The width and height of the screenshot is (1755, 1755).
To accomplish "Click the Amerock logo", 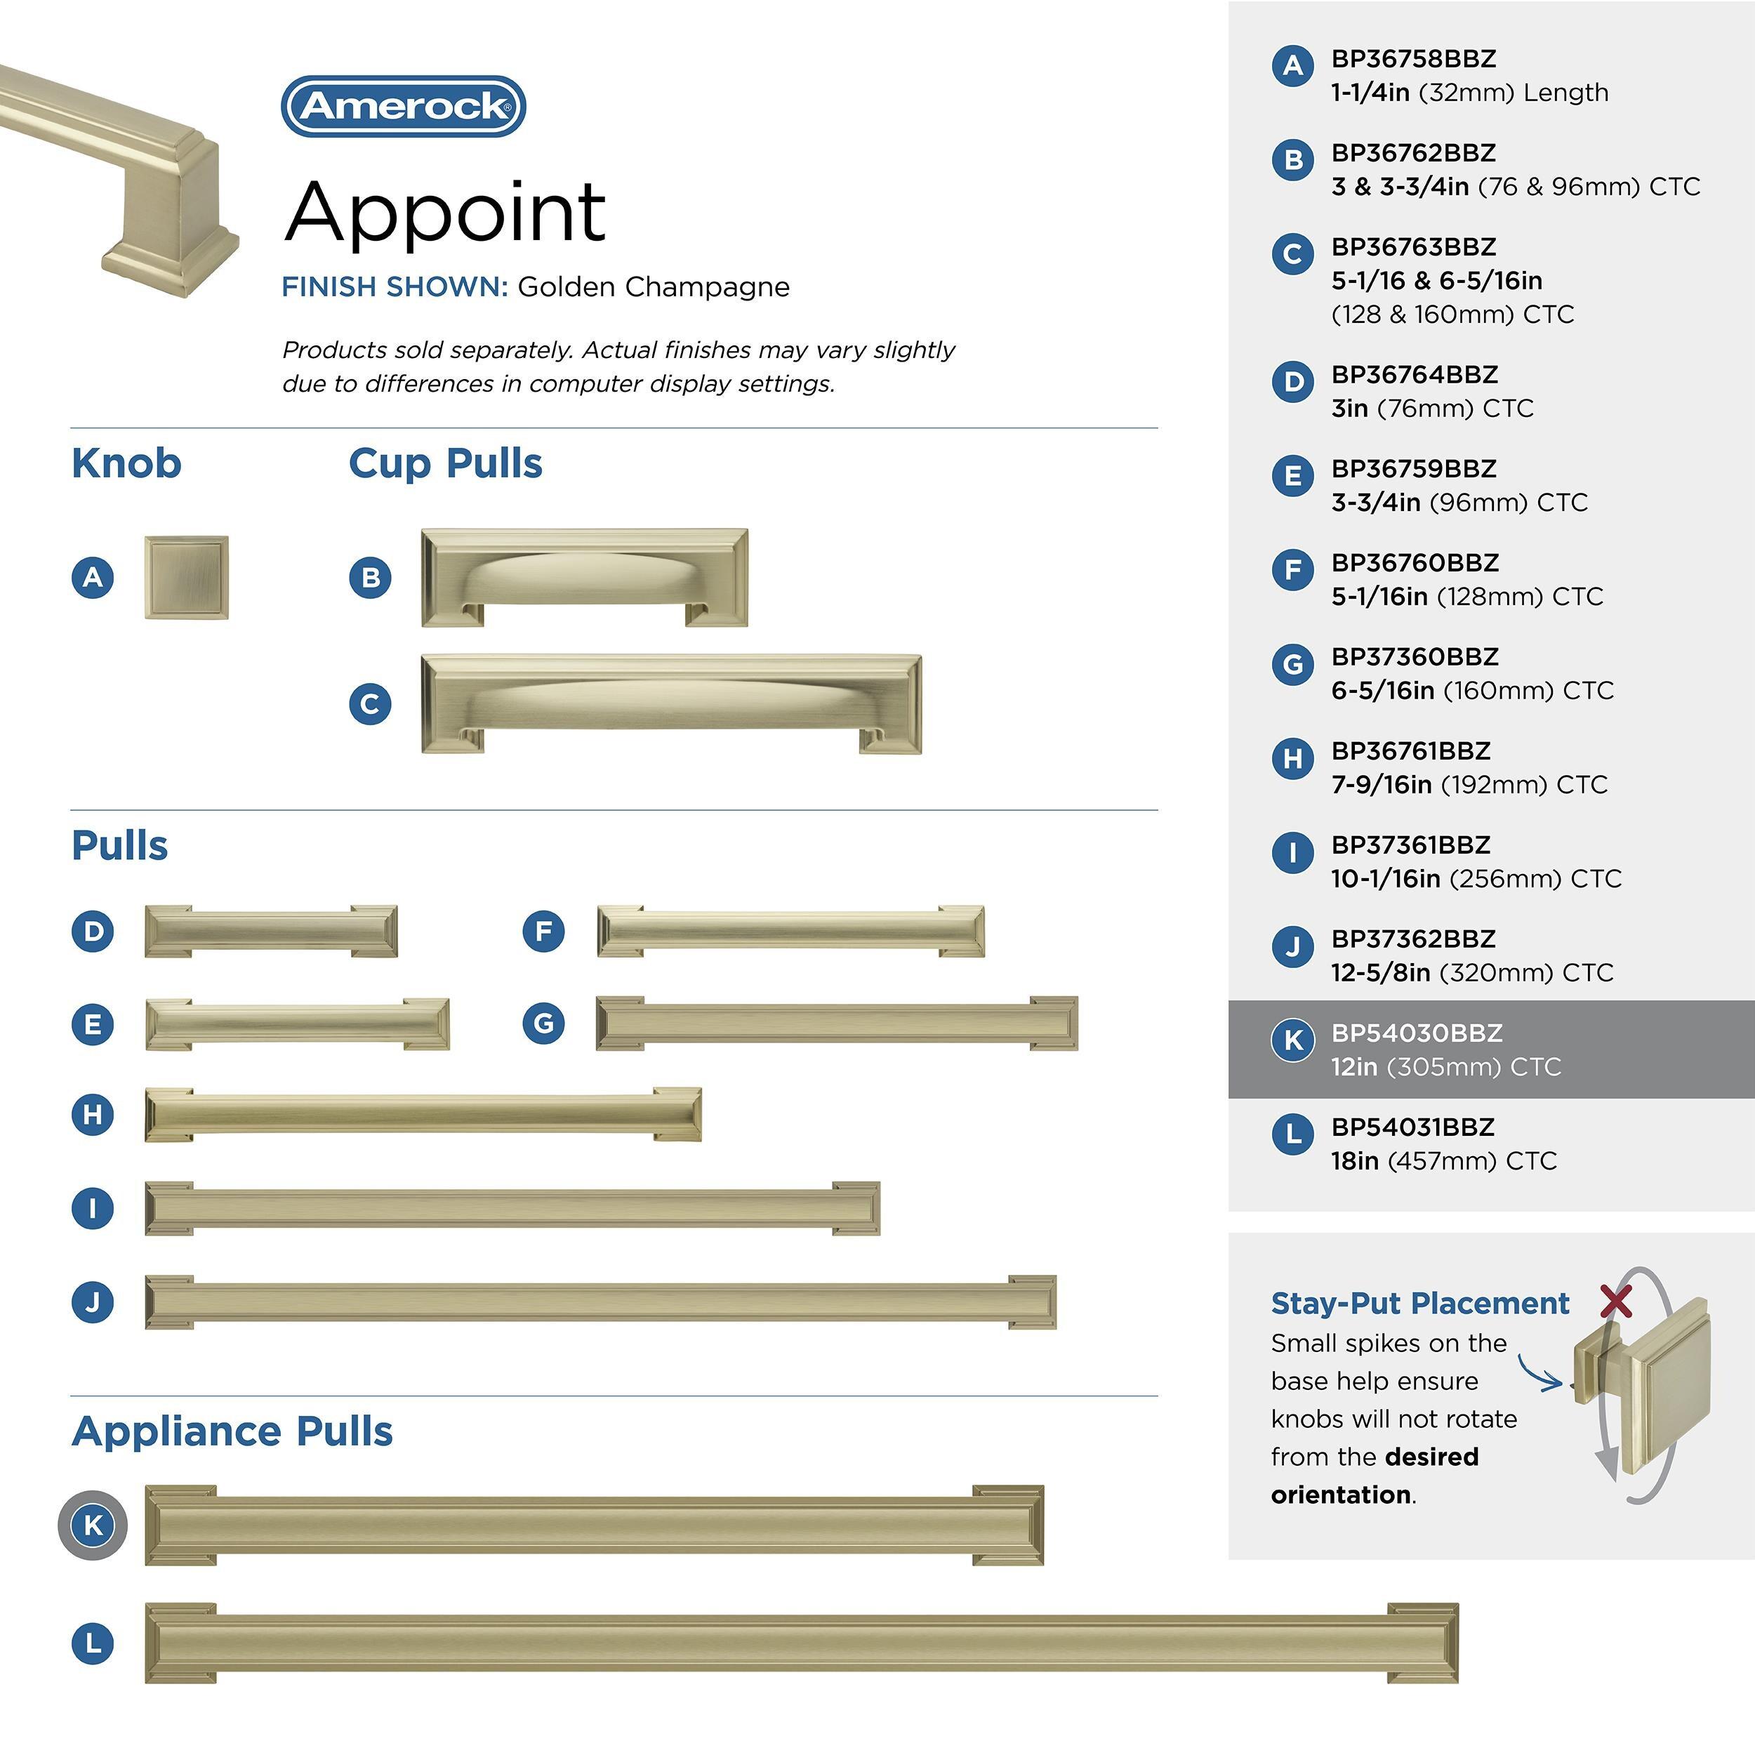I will click(404, 106).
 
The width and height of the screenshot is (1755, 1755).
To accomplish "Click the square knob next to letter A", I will click(186, 578).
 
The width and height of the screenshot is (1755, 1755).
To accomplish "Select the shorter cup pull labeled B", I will click(584, 578).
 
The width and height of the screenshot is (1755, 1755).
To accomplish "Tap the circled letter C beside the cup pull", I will click(370, 704).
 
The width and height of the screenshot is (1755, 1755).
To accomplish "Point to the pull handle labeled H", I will click(423, 1115).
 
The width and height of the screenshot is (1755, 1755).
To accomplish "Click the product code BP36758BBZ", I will click(1412, 59).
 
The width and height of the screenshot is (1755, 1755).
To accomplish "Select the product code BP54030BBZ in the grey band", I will click(1416, 1033).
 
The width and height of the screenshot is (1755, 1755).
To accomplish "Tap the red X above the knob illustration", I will click(1616, 1302).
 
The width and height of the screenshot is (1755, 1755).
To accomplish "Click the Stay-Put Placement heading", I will click(1419, 1303).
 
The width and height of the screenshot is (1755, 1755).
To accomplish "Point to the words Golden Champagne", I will click(653, 287).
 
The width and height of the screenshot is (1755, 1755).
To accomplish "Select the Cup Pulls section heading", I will click(445, 463).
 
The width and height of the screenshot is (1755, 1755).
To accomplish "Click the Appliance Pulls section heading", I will click(232, 1431).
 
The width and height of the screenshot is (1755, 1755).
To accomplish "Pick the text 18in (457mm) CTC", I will click(1443, 1161).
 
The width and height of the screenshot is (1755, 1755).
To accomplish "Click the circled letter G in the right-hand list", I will click(1292, 664).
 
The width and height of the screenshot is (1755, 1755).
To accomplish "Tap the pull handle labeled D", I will click(271, 931).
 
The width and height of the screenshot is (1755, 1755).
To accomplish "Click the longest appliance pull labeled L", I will click(801, 1643).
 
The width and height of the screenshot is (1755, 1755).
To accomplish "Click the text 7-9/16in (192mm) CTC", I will click(1469, 785).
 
